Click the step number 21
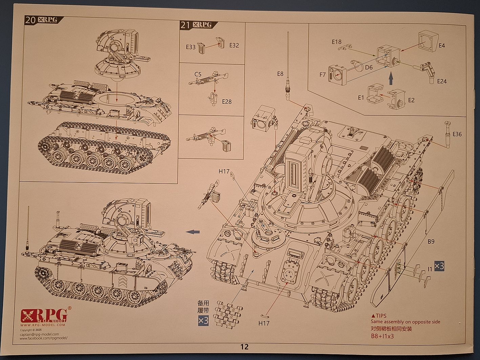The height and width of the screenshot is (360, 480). pyautogui.click(x=185, y=25)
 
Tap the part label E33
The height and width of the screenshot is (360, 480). pyautogui.click(x=191, y=47)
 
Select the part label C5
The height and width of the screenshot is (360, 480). pyautogui.click(x=198, y=74)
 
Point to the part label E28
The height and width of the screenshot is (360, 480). pyautogui.click(x=227, y=101)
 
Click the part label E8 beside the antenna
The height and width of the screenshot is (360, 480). pyautogui.click(x=280, y=74)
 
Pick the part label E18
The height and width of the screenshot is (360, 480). pyautogui.click(x=336, y=42)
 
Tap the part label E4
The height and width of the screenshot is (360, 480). pyautogui.click(x=441, y=45)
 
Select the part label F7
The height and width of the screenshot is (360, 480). pyautogui.click(x=322, y=74)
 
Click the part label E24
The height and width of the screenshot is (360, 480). pyautogui.click(x=442, y=81)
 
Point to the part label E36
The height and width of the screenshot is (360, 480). pyautogui.click(x=457, y=134)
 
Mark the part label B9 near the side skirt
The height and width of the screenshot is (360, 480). pyautogui.click(x=431, y=242)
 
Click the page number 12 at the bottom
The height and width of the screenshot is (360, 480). pyautogui.click(x=244, y=346)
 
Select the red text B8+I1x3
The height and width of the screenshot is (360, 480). pyautogui.click(x=382, y=336)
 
